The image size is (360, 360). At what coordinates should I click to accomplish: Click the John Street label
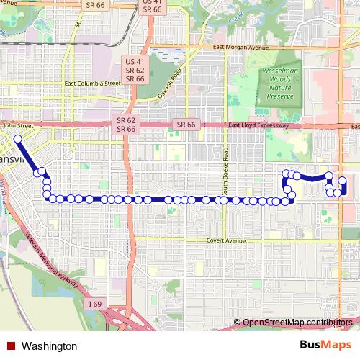tap(19, 126)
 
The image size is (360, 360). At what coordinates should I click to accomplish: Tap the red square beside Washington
tap(12, 346)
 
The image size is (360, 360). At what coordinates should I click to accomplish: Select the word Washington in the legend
tap(49, 346)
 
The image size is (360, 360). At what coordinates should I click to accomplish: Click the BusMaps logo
tap(321, 345)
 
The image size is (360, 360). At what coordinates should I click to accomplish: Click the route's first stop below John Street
tap(17, 138)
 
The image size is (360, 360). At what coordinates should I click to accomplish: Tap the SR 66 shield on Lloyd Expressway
tap(185, 125)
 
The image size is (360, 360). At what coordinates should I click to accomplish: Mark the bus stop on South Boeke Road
tap(224, 199)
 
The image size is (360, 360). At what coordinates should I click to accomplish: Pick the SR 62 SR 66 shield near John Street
tap(126, 124)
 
